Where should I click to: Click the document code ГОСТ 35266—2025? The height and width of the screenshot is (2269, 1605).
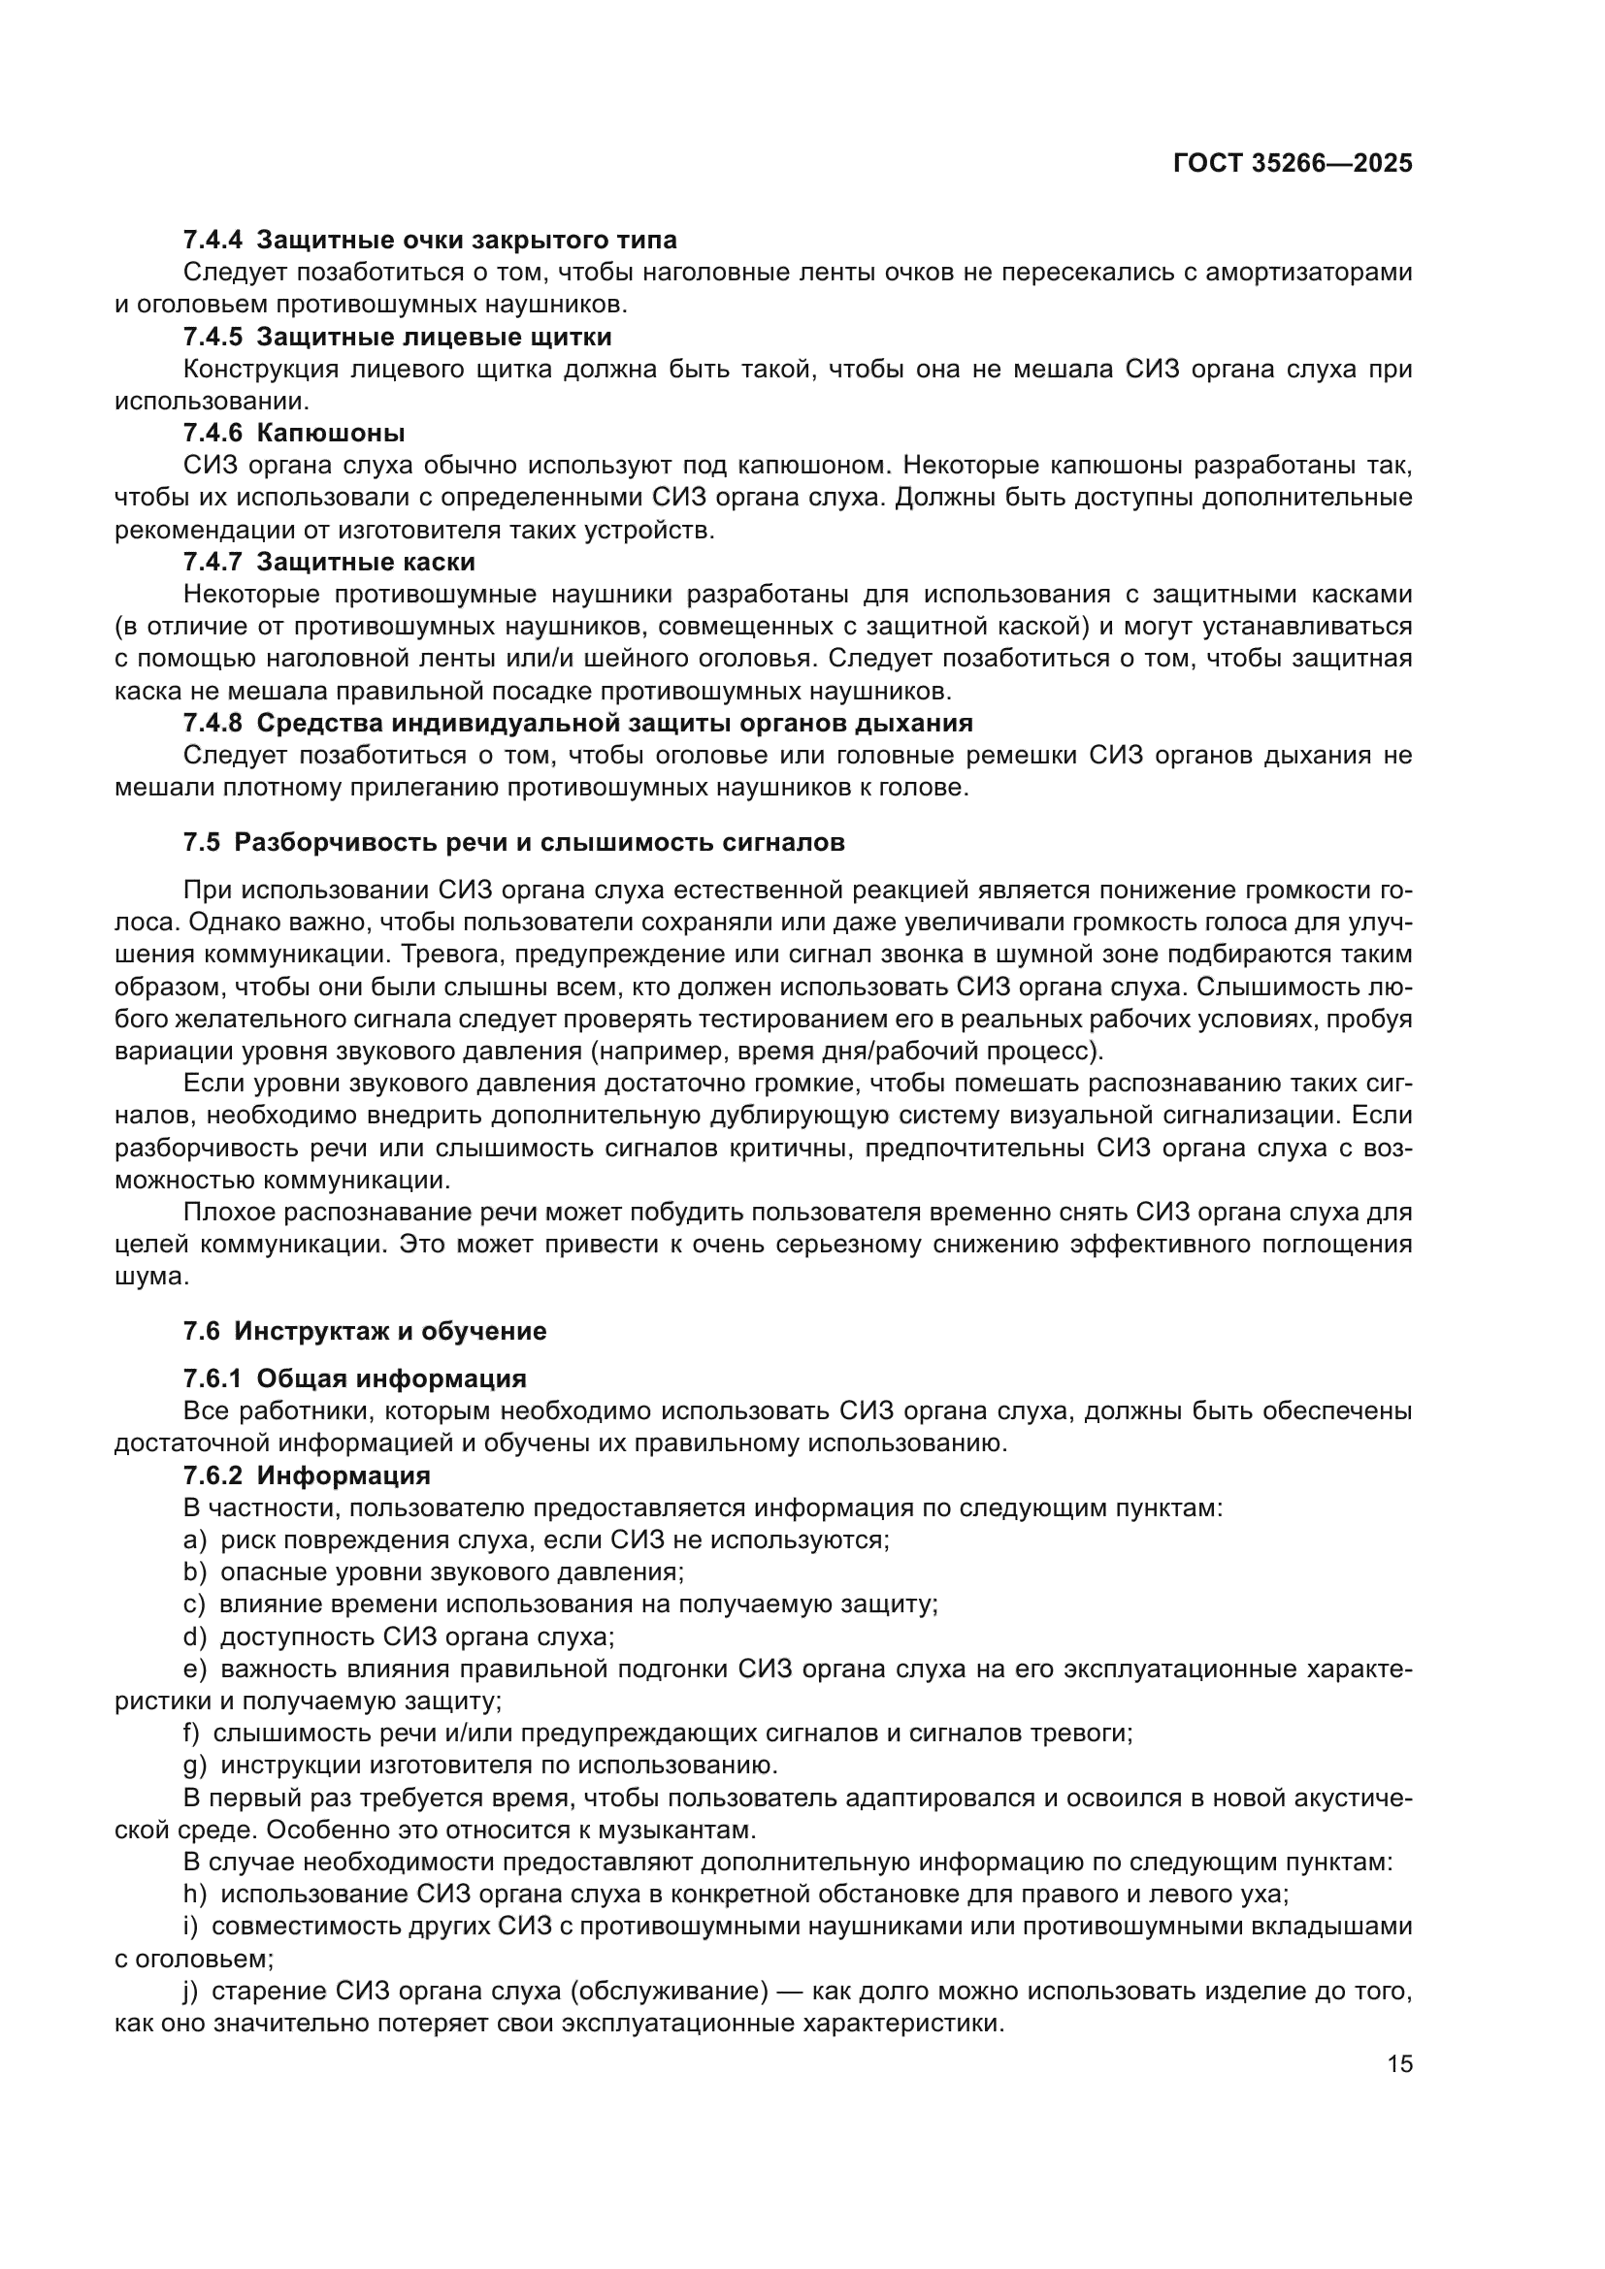click(x=1292, y=163)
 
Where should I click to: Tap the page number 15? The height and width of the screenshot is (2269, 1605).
click(x=1399, y=2063)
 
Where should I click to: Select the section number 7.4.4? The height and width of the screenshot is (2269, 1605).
click(x=213, y=241)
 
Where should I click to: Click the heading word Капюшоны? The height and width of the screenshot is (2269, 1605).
click(x=330, y=433)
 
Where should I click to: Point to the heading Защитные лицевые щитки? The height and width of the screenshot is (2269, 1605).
click(x=434, y=337)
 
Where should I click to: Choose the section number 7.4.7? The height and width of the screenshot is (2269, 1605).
click(x=213, y=563)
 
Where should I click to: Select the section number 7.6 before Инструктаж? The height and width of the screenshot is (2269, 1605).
click(x=201, y=1331)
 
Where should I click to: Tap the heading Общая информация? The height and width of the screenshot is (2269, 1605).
click(x=391, y=1378)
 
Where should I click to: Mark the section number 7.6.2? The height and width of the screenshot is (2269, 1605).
click(x=213, y=1475)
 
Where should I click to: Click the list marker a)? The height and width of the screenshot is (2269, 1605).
click(x=195, y=1540)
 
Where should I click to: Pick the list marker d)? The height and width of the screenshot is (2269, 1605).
click(x=195, y=1637)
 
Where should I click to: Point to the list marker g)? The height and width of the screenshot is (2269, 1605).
click(x=195, y=1765)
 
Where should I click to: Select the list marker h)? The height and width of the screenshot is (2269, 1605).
click(x=195, y=1894)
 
